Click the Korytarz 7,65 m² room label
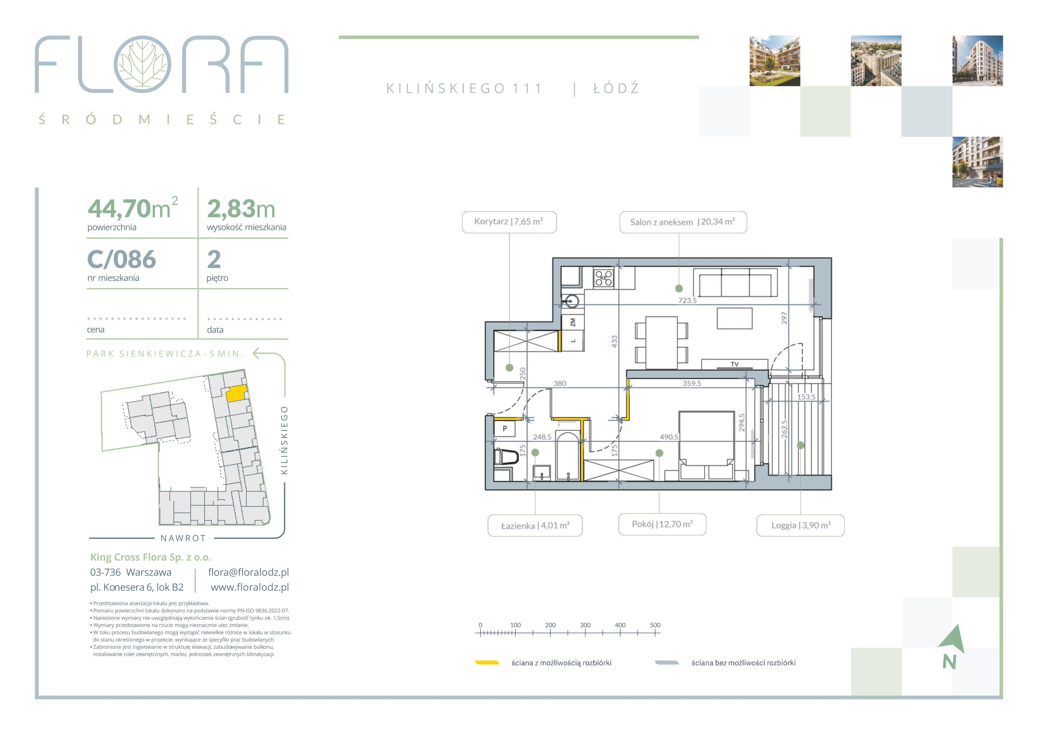pos(509,222)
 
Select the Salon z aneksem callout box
pos(683,222)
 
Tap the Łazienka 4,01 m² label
pos(535,525)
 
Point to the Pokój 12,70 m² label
pos(662,524)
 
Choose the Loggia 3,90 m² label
pos(801,525)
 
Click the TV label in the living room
pos(735,364)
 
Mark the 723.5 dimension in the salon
pos(687,300)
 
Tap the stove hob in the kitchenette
pos(604,278)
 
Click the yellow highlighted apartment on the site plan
pos(236,393)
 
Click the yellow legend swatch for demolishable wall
pos(487,663)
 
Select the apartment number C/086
pos(122,259)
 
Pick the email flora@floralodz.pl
pos(248,572)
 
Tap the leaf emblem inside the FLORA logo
pos(142,64)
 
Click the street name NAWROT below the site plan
pos(183,538)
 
